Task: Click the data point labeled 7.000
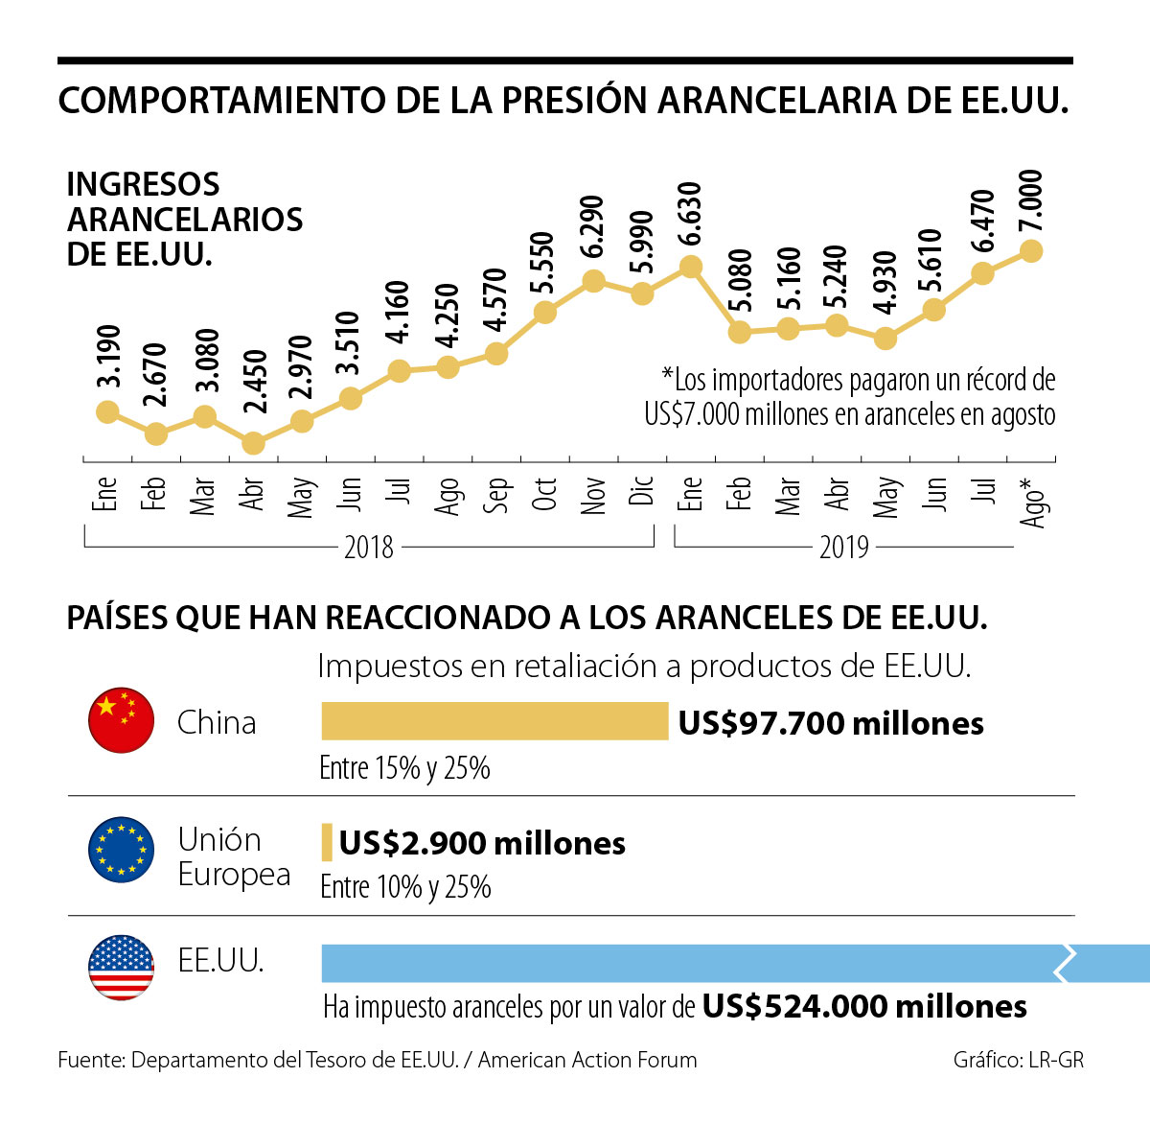[x=1031, y=250]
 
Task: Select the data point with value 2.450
[x=253, y=442]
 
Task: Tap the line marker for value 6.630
[x=690, y=267]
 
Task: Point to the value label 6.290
[x=593, y=226]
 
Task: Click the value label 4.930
[x=885, y=283]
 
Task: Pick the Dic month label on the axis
[x=643, y=491]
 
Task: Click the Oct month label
[x=544, y=493]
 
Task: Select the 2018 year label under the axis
[x=369, y=548]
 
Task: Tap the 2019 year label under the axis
[x=843, y=548]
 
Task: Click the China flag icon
[x=122, y=720]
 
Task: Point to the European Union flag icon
[x=122, y=850]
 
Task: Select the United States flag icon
[x=122, y=967]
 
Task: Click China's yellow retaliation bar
[x=494, y=721]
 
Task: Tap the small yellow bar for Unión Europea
[x=327, y=842]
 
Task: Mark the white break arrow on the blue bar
[x=1065, y=963]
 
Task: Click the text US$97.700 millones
[x=831, y=723]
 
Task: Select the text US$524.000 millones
[x=864, y=1006]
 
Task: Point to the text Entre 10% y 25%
[x=405, y=887]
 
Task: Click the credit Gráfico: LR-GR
[x=1019, y=1060]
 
